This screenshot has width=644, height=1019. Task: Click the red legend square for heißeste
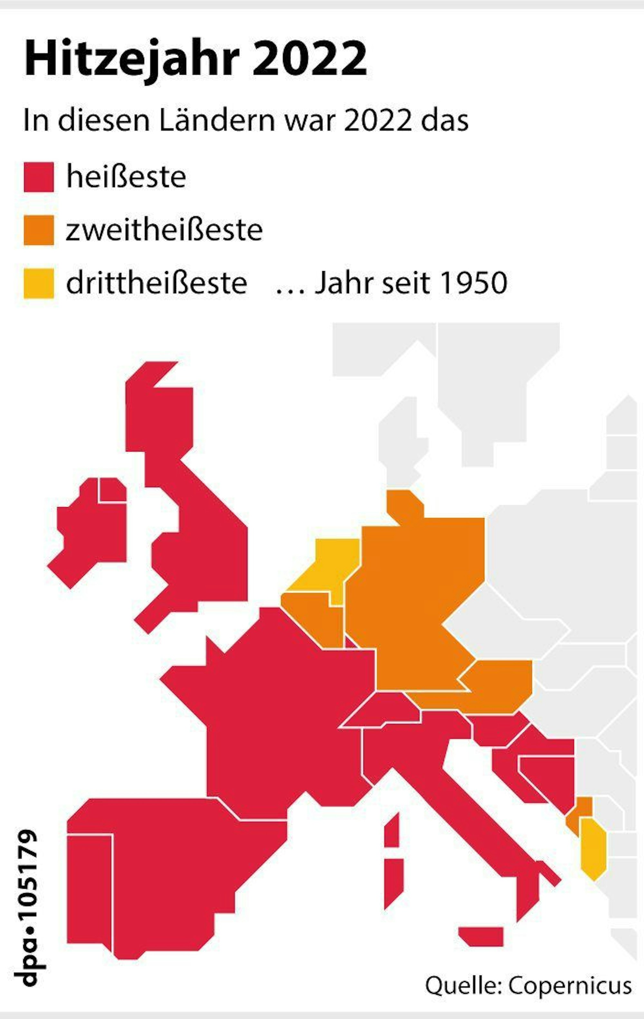coord(39,177)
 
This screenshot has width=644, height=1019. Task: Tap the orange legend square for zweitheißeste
coord(39,230)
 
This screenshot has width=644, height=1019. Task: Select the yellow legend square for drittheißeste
coord(39,283)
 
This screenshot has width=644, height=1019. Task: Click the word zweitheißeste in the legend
coord(164,230)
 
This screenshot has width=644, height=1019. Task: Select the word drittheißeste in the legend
coord(156,283)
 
